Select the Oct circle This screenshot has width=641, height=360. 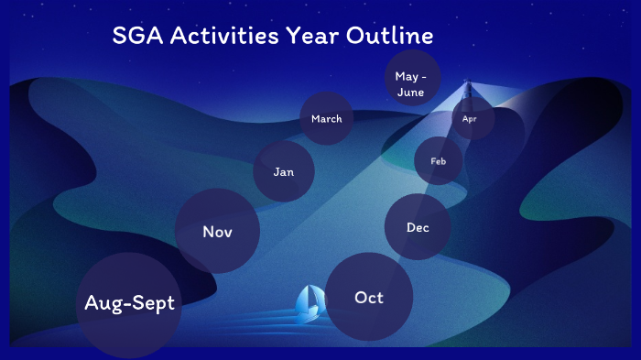point(369,297)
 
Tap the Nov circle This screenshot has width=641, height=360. point(217,232)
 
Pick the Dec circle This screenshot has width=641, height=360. point(418,227)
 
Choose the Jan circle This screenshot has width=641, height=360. point(284,171)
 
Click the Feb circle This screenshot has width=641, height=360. point(439,161)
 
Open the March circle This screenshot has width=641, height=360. point(326,119)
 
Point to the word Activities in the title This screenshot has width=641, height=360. point(233,37)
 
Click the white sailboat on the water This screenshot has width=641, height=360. point(309,303)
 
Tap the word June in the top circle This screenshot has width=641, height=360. point(409,92)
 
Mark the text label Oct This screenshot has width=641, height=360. point(369,298)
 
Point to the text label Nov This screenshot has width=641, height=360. point(217,232)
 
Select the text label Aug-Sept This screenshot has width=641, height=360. point(129,303)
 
